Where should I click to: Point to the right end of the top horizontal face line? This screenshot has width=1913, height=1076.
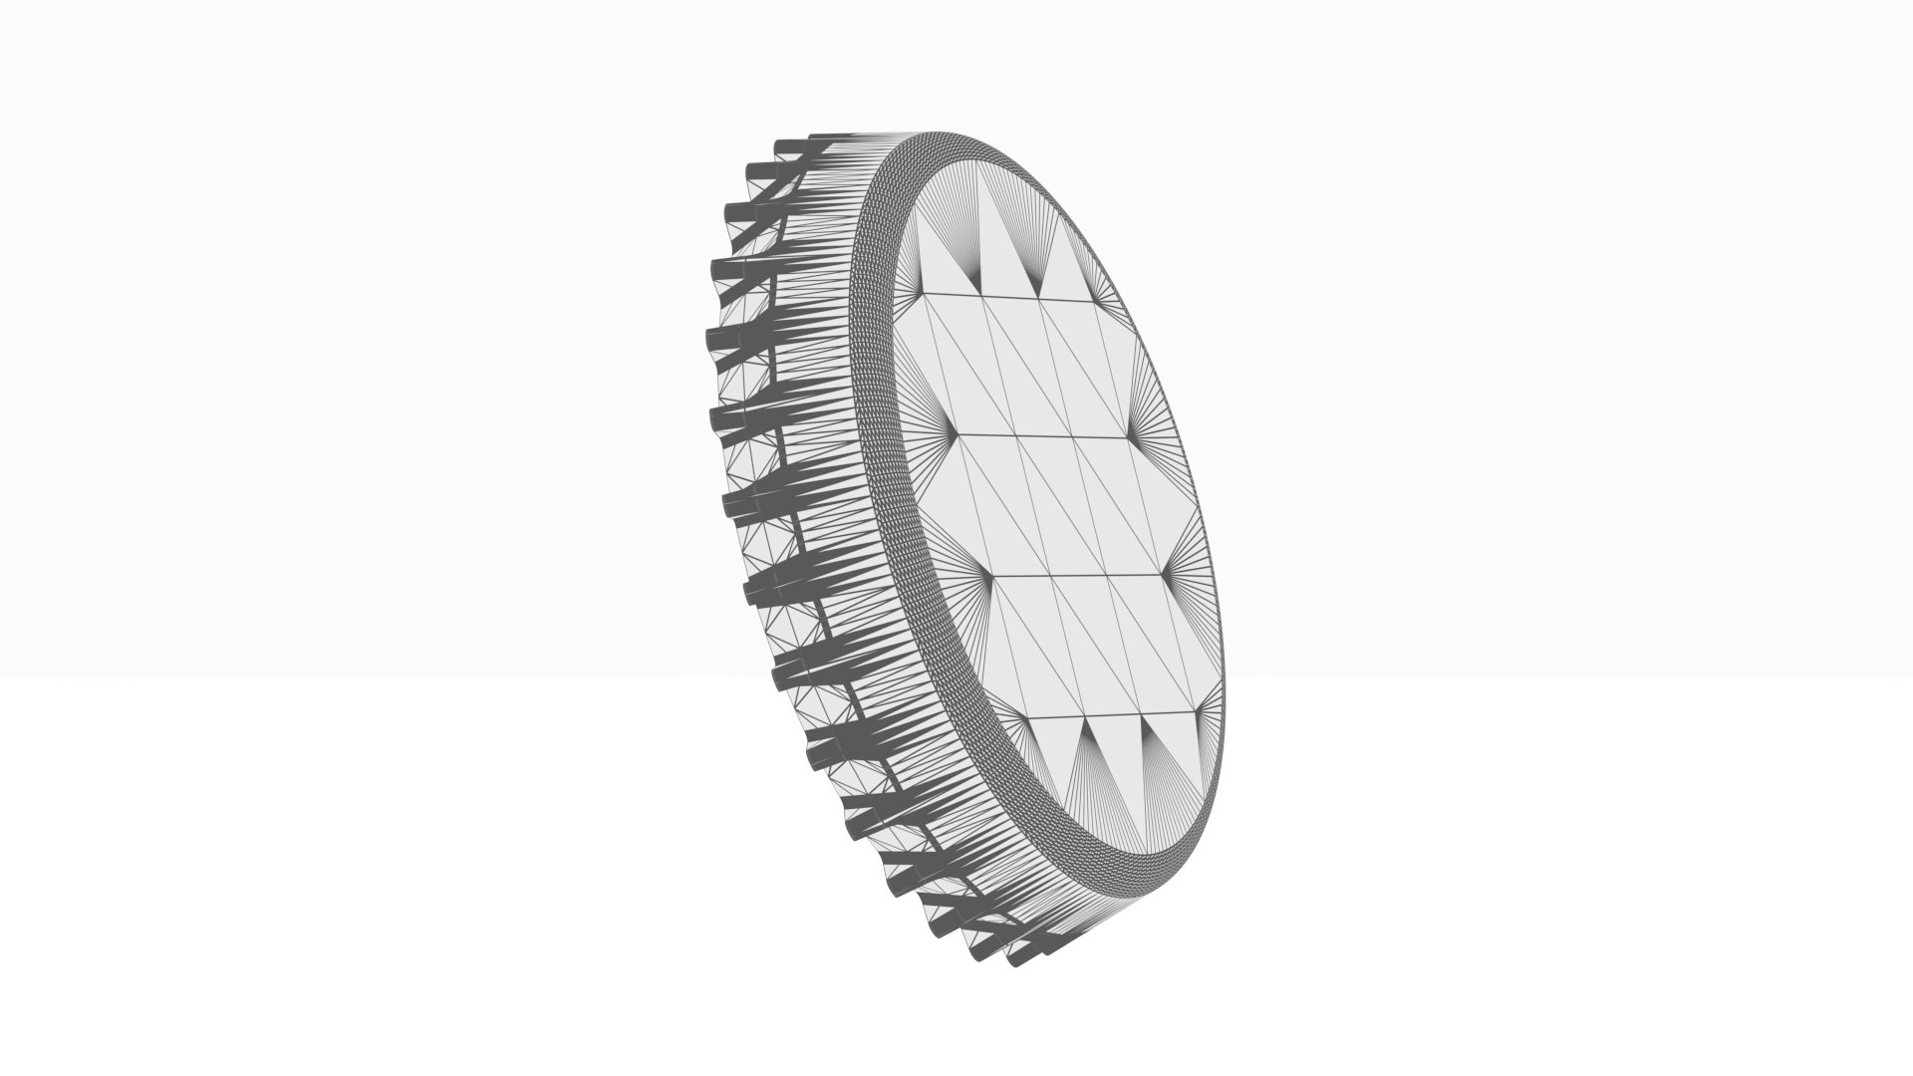click(x=1100, y=298)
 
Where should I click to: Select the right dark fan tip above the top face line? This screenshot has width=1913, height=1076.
click(x=1040, y=297)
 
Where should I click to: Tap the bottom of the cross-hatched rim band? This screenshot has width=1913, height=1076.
click(x=1146, y=878)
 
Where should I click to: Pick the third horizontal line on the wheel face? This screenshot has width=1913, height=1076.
click(x=1076, y=576)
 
